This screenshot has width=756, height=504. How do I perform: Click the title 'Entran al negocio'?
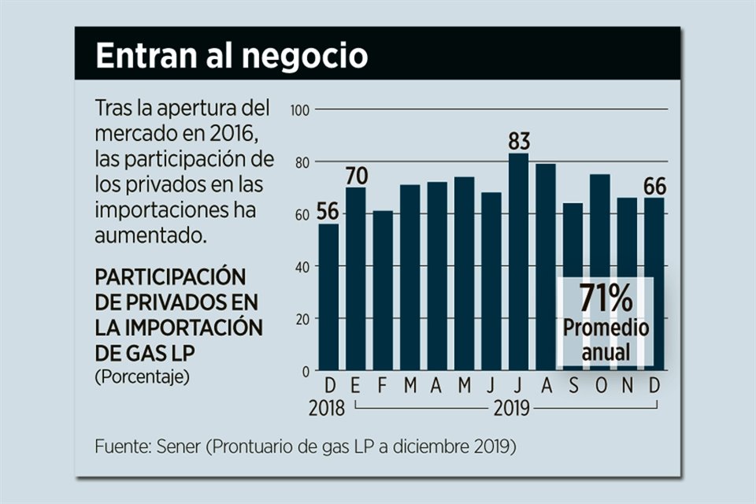(232, 55)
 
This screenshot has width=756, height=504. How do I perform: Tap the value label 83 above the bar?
(519, 142)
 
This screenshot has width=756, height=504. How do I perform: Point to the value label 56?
(328, 212)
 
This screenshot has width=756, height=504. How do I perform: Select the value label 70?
(356, 175)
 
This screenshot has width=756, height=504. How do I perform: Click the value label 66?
(654, 187)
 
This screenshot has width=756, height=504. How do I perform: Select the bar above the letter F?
(383, 291)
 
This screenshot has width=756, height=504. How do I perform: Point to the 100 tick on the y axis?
(302, 109)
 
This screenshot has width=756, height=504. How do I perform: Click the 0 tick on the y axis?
(306, 371)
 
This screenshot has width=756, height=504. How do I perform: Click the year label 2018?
(328, 408)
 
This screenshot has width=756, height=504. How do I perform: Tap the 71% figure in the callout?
(606, 298)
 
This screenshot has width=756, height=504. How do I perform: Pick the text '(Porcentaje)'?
(142, 376)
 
